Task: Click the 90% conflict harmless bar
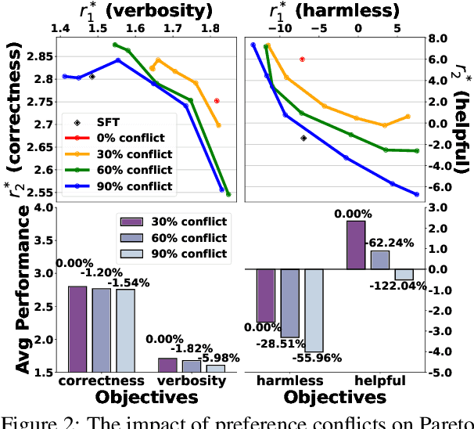point(314,311)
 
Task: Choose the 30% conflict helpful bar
point(356,245)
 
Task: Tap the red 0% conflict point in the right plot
point(302,59)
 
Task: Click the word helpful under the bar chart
point(380,381)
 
